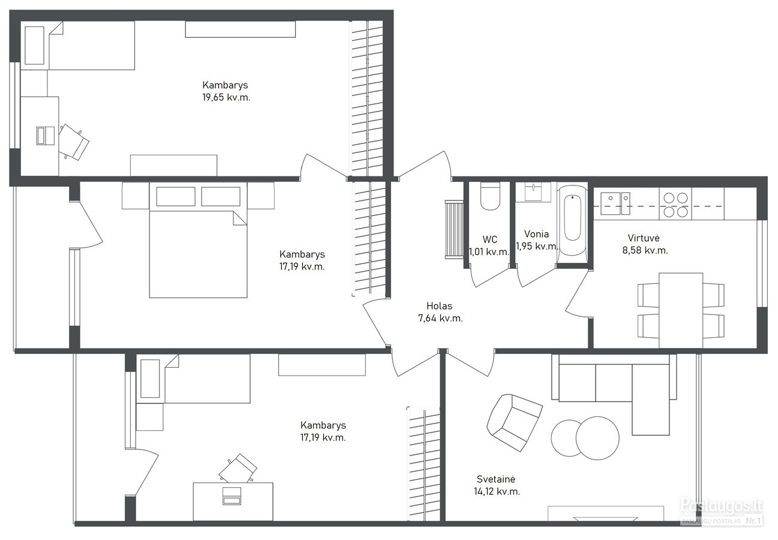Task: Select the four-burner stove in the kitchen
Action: point(675,205)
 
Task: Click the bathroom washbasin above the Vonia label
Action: point(533,192)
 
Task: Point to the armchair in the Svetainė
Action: point(514,422)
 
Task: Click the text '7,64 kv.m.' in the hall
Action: point(440,318)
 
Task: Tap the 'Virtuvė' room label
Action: point(644,238)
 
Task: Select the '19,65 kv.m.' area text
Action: point(226,97)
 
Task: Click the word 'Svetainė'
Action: point(495,479)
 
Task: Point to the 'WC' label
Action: point(489,239)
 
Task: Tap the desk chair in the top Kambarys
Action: point(74,142)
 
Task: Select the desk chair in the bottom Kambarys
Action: point(238,468)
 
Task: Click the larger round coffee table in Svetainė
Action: point(597,438)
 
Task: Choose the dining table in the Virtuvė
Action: point(681,310)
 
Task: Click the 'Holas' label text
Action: point(439,306)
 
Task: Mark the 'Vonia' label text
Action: point(537,234)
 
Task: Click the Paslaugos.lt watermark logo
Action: point(721,512)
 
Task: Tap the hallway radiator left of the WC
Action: point(454,229)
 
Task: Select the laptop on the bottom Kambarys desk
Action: point(232,496)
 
